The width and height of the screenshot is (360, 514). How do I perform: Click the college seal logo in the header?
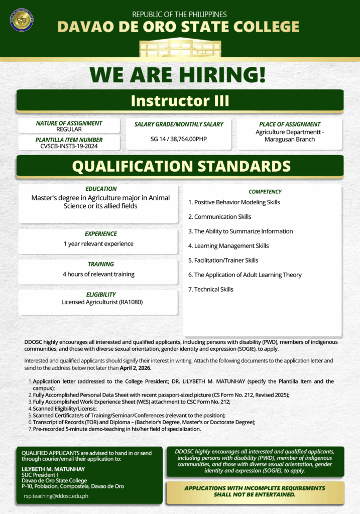22,20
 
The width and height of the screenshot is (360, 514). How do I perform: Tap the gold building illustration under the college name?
179,48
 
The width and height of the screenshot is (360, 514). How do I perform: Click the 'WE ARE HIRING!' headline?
178,75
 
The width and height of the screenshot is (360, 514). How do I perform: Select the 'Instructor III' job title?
180,101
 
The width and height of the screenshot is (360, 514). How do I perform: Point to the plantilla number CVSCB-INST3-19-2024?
69,146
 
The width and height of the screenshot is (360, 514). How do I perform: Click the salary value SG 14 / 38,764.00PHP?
179,139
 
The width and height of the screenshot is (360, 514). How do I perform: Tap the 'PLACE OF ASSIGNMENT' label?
290,124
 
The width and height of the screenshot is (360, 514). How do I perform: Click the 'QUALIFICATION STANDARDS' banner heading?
181,166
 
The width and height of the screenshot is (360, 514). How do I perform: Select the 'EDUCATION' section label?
101,189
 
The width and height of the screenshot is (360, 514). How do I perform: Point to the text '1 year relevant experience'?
98,244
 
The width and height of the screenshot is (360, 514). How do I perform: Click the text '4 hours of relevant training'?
98,274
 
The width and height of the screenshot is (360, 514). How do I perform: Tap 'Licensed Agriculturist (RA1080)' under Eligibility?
99,302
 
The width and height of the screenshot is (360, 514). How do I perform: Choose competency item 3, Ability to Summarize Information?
241,231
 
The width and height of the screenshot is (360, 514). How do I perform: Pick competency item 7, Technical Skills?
211,289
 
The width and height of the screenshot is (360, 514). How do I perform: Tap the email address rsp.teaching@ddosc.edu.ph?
56,495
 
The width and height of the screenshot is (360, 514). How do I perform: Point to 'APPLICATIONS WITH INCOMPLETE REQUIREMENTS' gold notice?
255,488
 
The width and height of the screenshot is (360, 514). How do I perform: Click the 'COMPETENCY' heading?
265,192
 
